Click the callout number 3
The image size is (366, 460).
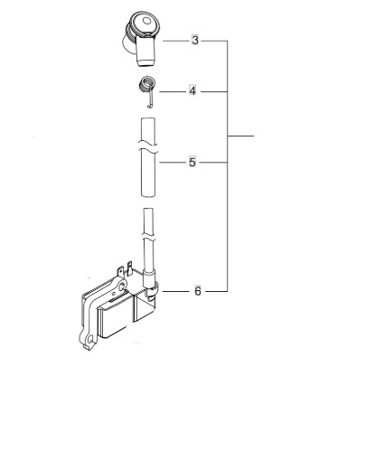195,42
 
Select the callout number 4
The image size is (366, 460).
192,91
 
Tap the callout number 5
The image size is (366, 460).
192,163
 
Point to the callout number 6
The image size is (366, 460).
198,291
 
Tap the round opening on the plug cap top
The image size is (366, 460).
143,23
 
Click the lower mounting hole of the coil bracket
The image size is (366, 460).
88,341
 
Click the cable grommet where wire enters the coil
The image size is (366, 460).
151,286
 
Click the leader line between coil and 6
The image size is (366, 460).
176,291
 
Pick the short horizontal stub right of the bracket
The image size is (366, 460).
241,136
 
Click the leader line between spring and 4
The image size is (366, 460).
172,91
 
